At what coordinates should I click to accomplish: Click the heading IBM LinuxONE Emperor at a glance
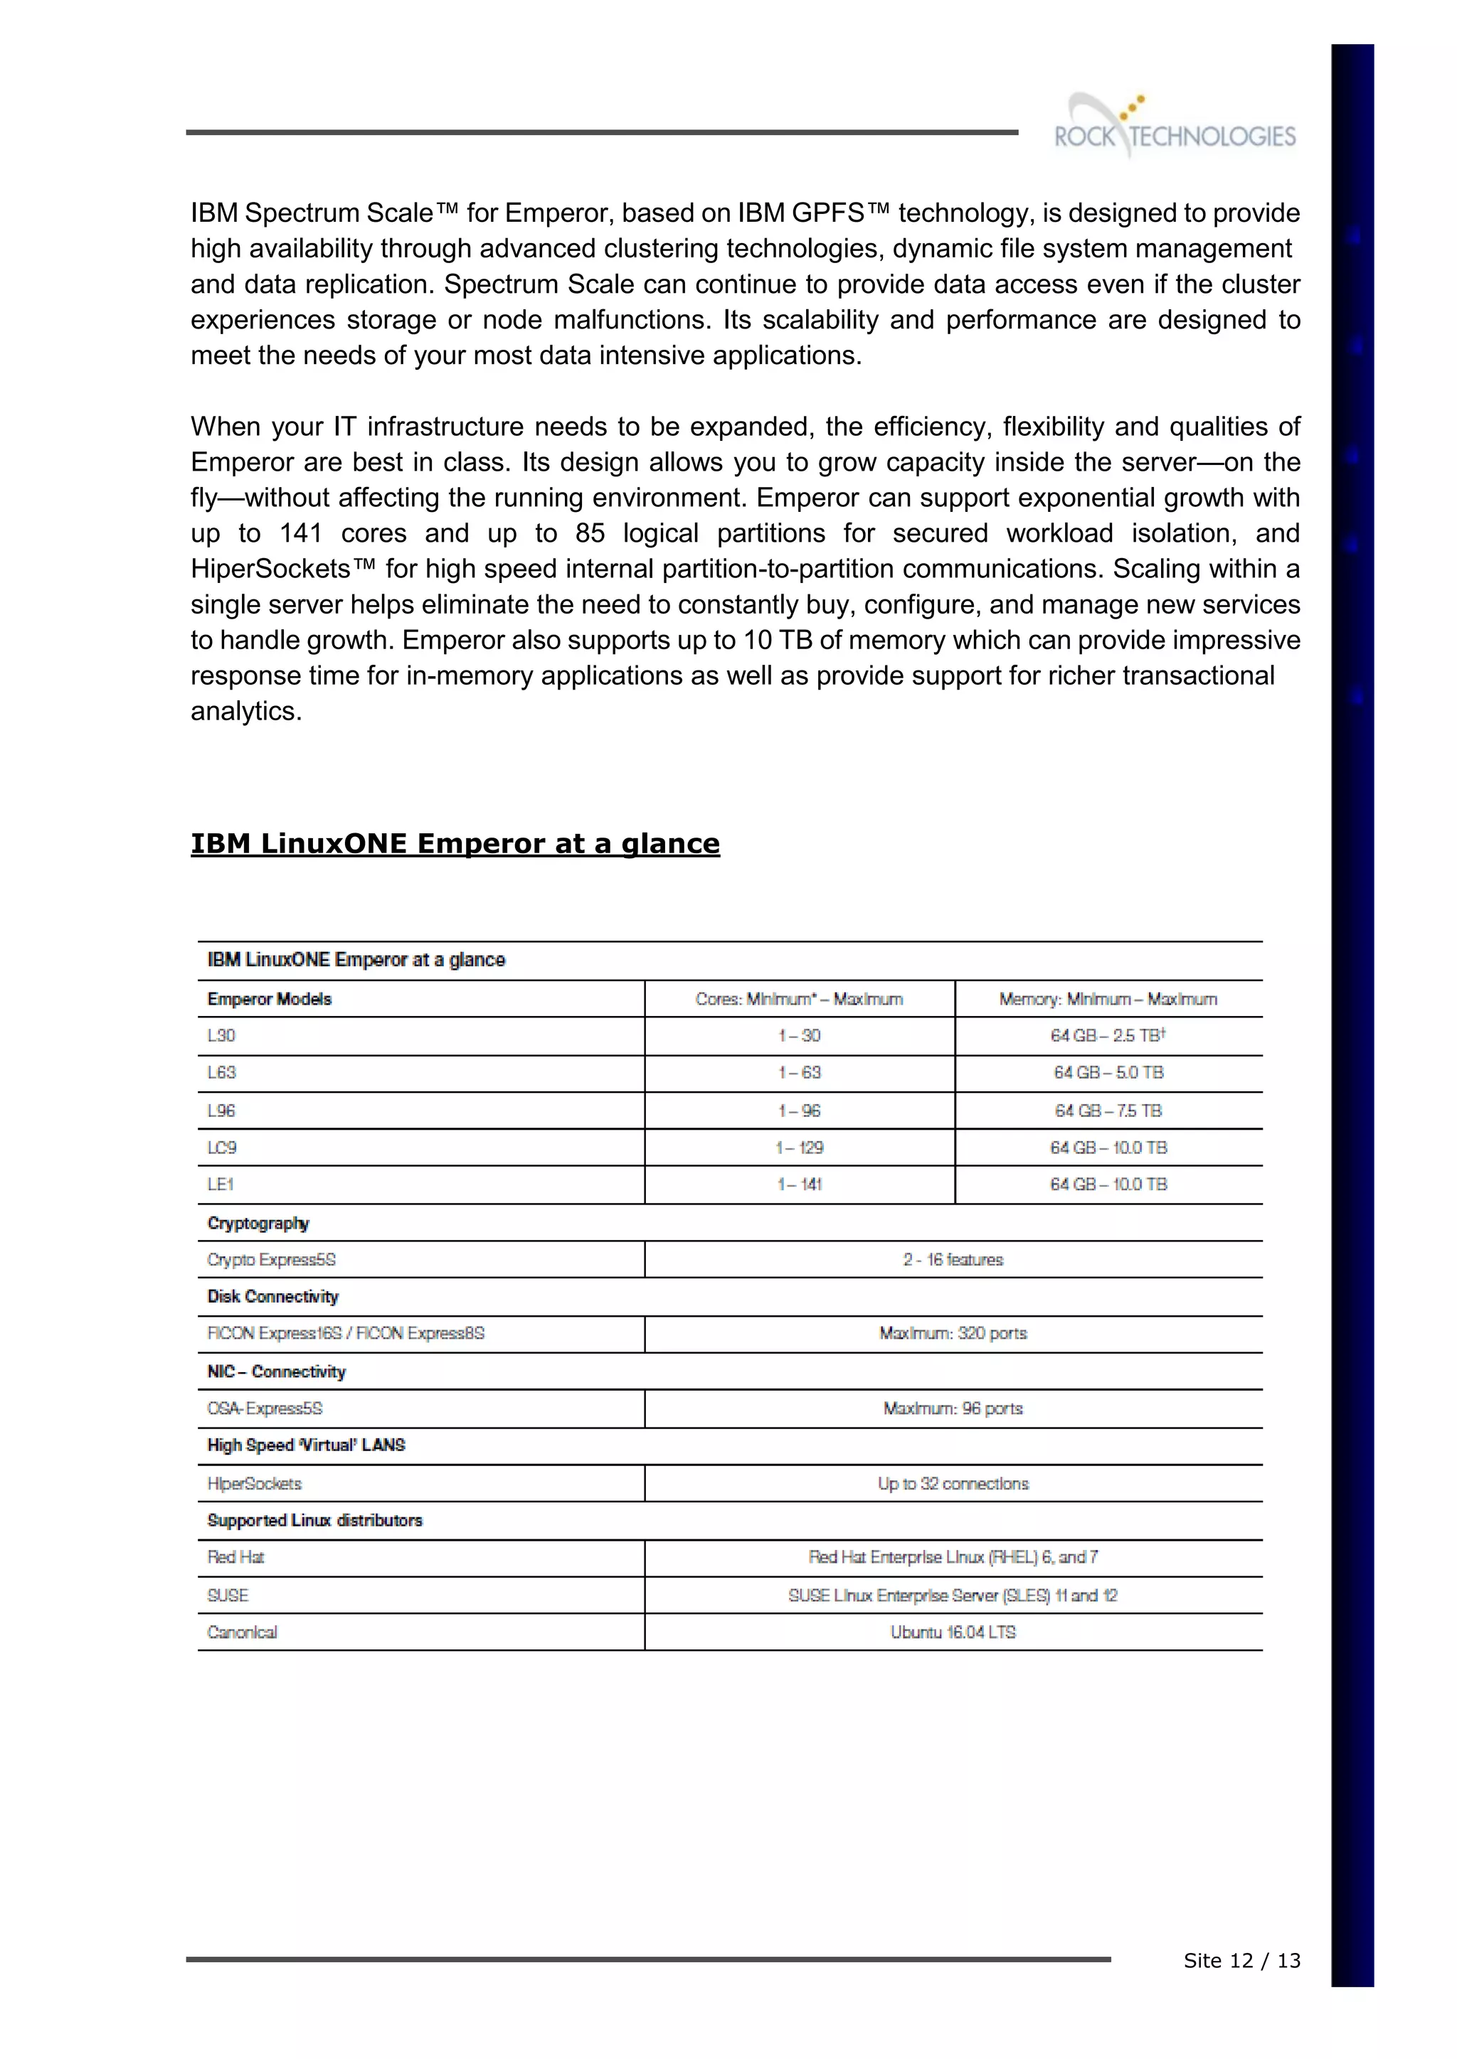click(x=455, y=844)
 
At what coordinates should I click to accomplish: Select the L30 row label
click(x=221, y=1036)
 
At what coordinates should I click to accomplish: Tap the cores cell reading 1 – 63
click(x=800, y=1073)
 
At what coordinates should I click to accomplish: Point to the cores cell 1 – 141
click(x=800, y=1184)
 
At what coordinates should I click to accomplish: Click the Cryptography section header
click(x=258, y=1223)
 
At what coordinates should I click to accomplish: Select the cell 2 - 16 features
click(x=953, y=1260)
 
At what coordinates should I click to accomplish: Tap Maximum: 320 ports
click(x=953, y=1334)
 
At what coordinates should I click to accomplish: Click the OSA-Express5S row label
click(x=265, y=1409)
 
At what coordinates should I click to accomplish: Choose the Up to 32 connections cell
click(x=953, y=1484)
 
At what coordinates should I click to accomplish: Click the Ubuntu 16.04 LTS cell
click(x=953, y=1632)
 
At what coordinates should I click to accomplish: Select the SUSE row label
click(x=228, y=1595)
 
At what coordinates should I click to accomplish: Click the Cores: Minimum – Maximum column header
click(x=800, y=999)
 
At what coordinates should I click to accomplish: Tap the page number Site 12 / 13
click(x=1241, y=1962)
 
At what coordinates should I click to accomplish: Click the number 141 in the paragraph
click(x=300, y=533)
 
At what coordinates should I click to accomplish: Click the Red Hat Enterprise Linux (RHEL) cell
click(x=953, y=1558)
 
